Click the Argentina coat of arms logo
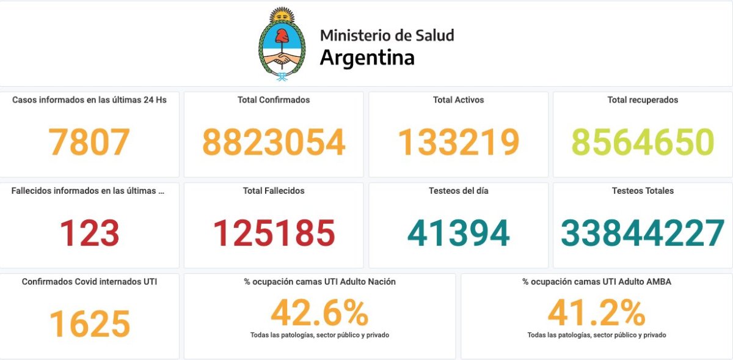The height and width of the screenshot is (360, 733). pyautogui.click(x=281, y=45)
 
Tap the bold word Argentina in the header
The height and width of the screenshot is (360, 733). pyautogui.click(x=367, y=57)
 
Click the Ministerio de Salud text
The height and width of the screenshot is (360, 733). pyautogui.click(x=387, y=35)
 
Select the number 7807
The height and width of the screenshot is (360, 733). pyautogui.click(x=89, y=142)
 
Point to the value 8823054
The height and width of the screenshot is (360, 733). pyautogui.click(x=274, y=142)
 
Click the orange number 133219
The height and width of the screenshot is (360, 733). pyautogui.click(x=458, y=142)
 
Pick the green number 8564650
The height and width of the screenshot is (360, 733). pyautogui.click(x=643, y=142)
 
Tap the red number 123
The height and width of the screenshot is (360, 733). pyautogui.click(x=89, y=233)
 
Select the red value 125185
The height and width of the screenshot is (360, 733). pyautogui.click(x=274, y=233)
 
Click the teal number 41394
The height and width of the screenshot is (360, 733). pyautogui.click(x=458, y=233)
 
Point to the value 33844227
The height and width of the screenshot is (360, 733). pyautogui.click(x=643, y=233)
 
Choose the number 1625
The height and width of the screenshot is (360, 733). pyautogui.click(x=89, y=324)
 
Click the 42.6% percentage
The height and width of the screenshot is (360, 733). pyautogui.click(x=319, y=313)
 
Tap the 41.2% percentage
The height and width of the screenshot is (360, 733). pyautogui.click(x=596, y=313)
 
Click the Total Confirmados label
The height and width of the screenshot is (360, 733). pyautogui.click(x=274, y=100)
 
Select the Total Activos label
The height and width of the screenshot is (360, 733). pyautogui.click(x=458, y=100)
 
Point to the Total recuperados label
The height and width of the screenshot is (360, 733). pyautogui.click(x=643, y=100)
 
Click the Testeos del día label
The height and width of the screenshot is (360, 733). pyautogui.click(x=458, y=191)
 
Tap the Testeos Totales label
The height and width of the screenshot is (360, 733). pyautogui.click(x=643, y=191)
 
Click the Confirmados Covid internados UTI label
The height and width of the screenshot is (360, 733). pyautogui.click(x=89, y=282)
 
